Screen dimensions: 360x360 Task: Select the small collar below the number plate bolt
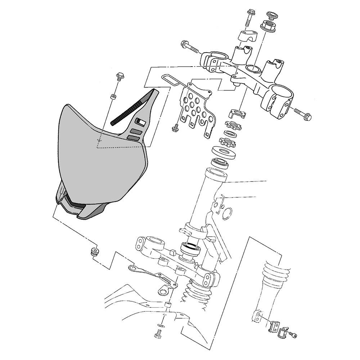113,97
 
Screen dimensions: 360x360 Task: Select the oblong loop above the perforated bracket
171,80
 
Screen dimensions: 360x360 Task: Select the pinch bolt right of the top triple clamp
302,114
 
